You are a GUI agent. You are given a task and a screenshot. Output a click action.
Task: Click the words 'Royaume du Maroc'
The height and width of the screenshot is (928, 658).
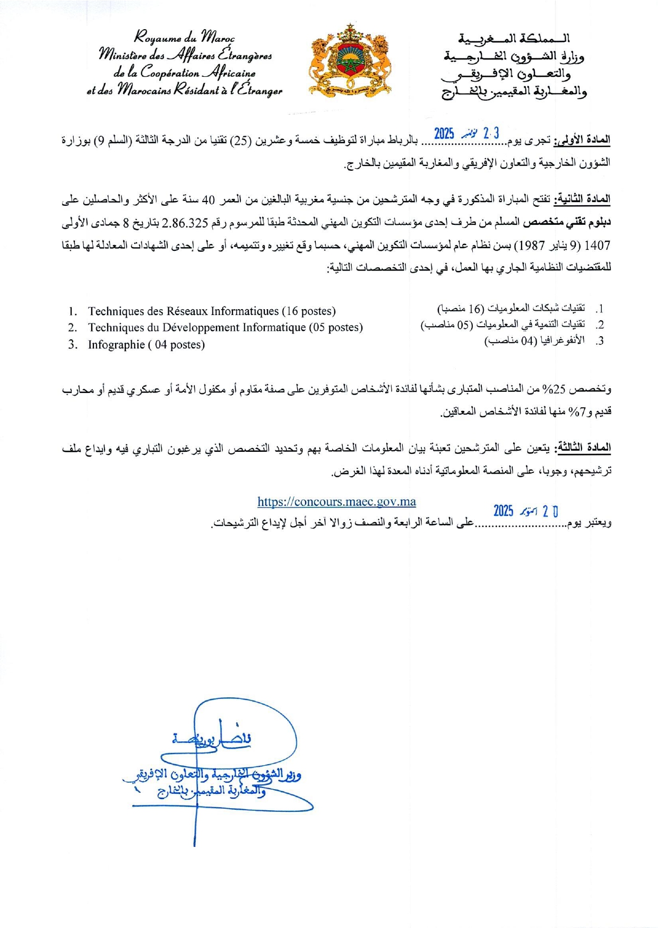point(184,37)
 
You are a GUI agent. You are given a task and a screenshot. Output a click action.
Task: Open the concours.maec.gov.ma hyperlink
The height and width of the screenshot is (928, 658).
point(336,502)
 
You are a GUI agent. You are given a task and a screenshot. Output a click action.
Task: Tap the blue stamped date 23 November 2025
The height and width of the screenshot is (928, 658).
point(466,133)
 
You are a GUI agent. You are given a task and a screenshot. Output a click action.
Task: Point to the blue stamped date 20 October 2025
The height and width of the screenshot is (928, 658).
point(525,511)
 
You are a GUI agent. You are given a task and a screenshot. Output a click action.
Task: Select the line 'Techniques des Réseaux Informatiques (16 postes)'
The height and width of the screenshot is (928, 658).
point(211,311)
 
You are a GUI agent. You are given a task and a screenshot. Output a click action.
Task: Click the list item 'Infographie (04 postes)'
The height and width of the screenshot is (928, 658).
point(146,345)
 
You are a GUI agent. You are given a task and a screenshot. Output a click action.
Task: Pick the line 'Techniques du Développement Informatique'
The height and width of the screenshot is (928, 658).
point(225,328)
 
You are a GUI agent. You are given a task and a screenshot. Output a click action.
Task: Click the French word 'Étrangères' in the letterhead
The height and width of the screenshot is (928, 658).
point(244,55)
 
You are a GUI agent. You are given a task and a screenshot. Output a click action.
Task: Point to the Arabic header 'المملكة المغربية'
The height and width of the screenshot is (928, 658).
point(514,38)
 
